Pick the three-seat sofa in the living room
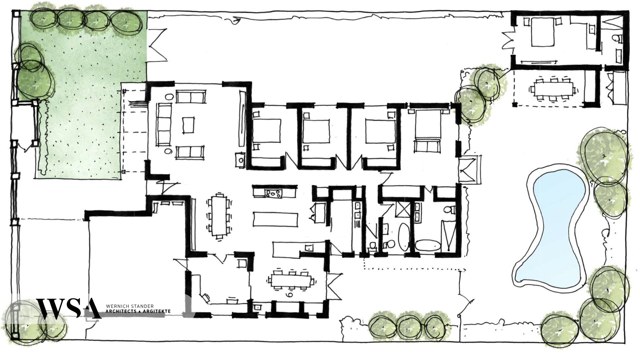point(164,124)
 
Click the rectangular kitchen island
point(275,219)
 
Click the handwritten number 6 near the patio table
point(289,295)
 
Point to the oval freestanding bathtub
point(404,237)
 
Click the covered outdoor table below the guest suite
point(553,89)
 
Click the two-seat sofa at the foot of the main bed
point(426,146)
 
